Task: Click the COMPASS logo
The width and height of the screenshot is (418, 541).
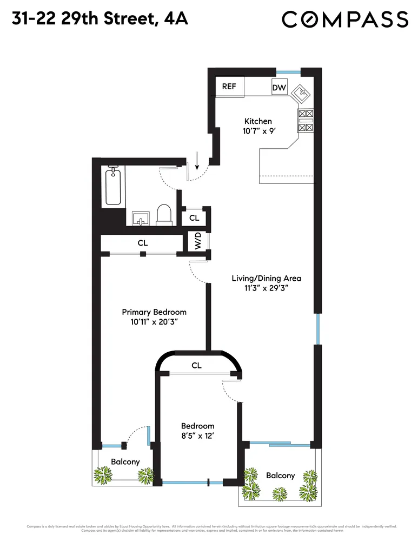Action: click(345, 20)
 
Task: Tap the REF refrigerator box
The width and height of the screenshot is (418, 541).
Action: click(229, 87)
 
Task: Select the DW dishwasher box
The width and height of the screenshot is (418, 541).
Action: click(279, 88)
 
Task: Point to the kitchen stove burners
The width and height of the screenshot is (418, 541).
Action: click(306, 121)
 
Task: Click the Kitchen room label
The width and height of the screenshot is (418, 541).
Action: click(258, 121)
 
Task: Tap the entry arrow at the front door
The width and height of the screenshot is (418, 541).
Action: click(197, 160)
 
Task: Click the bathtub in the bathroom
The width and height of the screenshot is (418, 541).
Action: click(113, 186)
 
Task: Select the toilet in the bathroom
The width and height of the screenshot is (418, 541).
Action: click(163, 215)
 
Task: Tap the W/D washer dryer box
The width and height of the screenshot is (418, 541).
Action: click(198, 241)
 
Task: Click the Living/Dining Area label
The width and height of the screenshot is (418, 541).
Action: click(266, 278)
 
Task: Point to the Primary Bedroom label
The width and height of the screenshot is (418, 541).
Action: click(154, 312)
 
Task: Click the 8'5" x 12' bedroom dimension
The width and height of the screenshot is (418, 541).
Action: click(197, 436)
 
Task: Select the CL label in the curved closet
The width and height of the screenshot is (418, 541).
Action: click(196, 366)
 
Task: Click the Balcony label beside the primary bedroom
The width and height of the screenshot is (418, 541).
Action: click(125, 461)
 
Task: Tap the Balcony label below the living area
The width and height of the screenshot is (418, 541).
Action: click(280, 476)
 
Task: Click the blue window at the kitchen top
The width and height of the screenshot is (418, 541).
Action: click(288, 71)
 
